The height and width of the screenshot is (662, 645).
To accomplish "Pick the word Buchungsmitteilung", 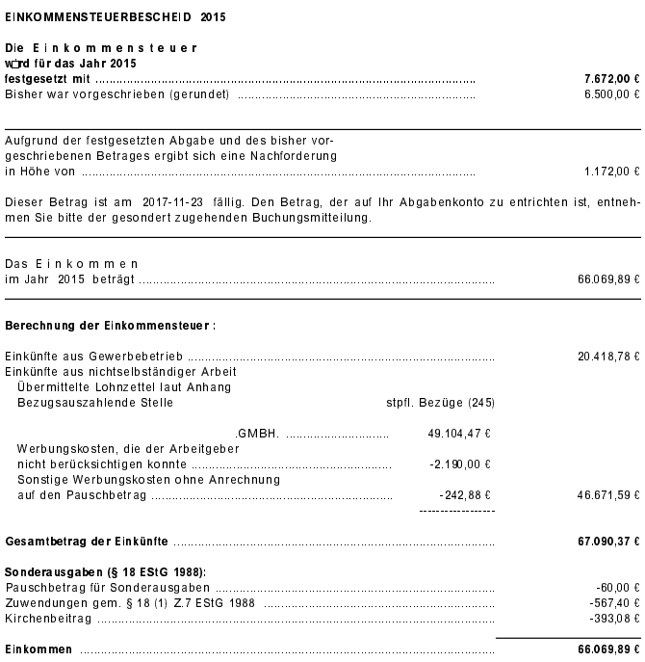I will click(x=317, y=219).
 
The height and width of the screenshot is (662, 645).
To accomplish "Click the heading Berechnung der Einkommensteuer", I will click(x=111, y=326).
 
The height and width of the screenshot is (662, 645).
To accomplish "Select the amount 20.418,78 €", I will click(x=608, y=357).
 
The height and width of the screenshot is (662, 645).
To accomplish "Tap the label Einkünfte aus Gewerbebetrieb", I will click(x=101, y=357).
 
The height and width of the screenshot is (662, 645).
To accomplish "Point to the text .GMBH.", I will click(x=257, y=435).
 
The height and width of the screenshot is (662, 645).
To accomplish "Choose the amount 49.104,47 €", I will click(x=459, y=435).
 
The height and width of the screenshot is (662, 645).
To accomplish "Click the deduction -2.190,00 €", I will click(x=460, y=464).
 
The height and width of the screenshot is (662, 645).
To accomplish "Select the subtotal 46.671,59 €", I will click(x=608, y=495).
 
